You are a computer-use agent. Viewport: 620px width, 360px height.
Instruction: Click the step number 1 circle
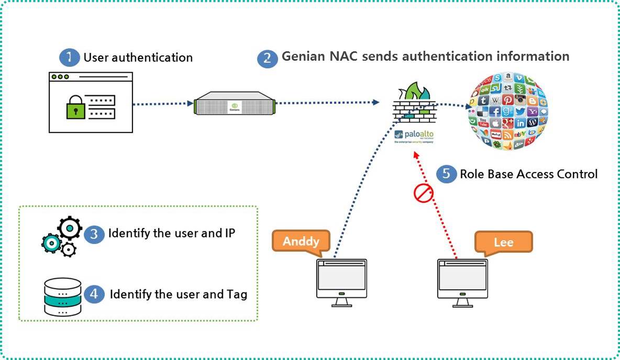coord(69,58)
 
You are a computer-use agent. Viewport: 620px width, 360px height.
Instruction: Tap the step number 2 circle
coord(268,58)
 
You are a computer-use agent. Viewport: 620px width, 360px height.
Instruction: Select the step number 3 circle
coord(94,234)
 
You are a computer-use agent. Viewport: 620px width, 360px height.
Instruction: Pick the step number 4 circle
coord(94,294)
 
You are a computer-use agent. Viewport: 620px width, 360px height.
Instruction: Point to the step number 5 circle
coord(446,174)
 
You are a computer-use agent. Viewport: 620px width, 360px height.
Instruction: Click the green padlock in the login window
coord(75,108)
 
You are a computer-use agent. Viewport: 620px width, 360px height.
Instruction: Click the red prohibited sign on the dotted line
coord(424,194)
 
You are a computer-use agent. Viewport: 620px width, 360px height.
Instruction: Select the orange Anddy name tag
coord(301,241)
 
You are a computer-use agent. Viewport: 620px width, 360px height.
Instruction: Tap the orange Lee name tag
coord(503,242)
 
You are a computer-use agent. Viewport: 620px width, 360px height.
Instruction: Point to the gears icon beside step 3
coord(62,237)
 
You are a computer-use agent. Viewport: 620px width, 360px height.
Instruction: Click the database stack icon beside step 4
coord(62,297)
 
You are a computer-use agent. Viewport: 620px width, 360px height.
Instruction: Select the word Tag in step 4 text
coord(237,295)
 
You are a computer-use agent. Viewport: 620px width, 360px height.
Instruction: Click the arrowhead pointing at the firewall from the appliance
coord(377,103)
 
